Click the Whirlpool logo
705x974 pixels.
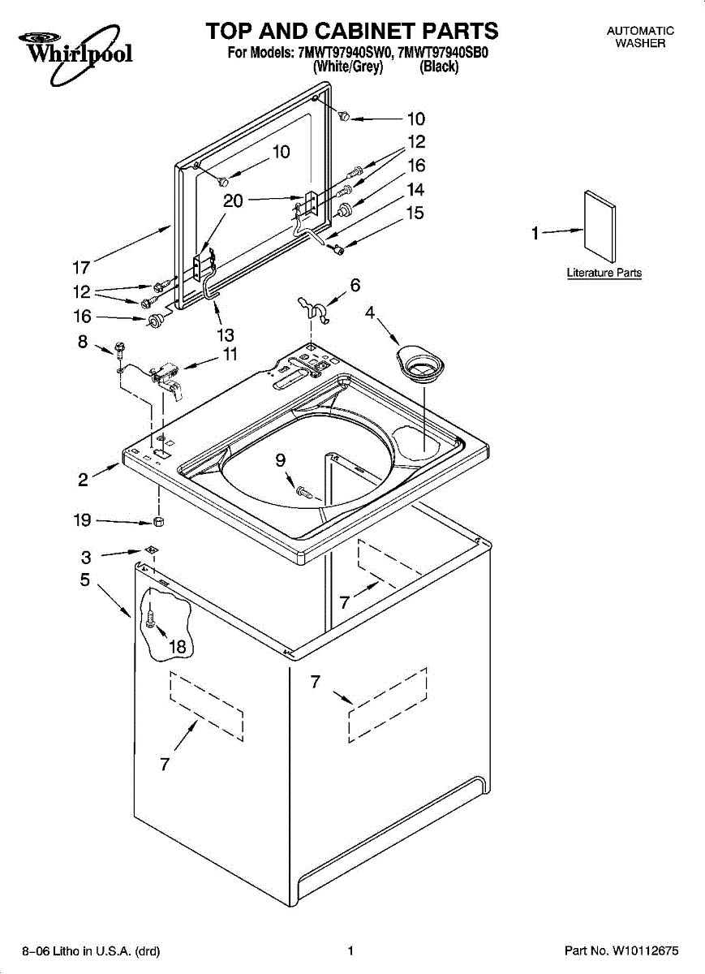click(x=75, y=54)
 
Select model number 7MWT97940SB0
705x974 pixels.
click(x=443, y=53)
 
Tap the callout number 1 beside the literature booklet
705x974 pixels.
click(x=535, y=234)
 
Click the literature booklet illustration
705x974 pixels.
click(x=600, y=226)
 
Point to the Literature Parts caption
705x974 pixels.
click(x=604, y=273)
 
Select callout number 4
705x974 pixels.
click(x=369, y=312)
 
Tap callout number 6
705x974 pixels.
click(x=355, y=285)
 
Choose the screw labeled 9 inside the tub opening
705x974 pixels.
click(x=304, y=493)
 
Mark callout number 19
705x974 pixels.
click(x=82, y=520)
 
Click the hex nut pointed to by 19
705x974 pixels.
click(x=159, y=521)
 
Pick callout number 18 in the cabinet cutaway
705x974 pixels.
click(x=178, y=648)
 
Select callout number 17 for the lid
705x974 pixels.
click(x=81, y=268)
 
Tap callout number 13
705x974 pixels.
click(x=226, y=334)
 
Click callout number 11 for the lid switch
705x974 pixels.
click(x=230, y=354)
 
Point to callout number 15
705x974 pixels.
click(x=415, y=213)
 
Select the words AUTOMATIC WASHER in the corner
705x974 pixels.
click(x=640, y=37)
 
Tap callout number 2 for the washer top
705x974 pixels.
click(x=83, y=480)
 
